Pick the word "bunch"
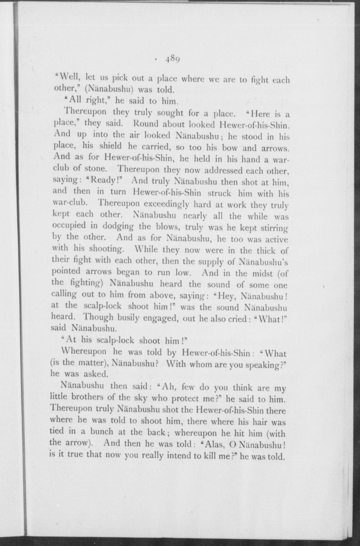pos(101,432)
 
